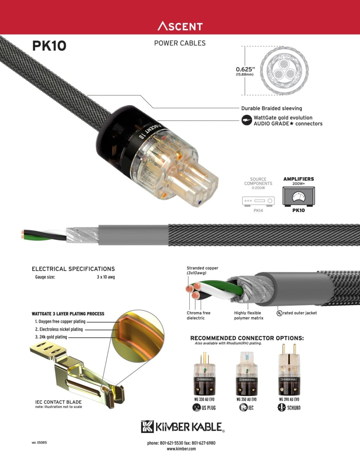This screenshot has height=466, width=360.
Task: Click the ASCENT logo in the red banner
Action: tap(180, 26)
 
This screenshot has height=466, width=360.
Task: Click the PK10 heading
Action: tap(49, 46)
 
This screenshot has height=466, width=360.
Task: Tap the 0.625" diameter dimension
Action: tap(244, 70)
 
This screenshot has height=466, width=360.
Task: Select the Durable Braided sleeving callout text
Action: tap(271, 108)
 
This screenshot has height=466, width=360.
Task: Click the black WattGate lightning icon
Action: tap(246, 120)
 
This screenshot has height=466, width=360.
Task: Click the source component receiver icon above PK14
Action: tap(258, 201)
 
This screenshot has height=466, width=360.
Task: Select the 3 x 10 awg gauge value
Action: tap(106, 277)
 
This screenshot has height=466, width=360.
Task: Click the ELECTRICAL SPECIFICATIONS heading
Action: tap(73, 269)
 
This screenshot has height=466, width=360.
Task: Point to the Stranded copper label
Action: tap(202, 268)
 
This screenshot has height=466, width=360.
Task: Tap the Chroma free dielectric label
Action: tap(198, 315)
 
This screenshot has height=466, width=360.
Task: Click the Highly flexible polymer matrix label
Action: tap(249, 315)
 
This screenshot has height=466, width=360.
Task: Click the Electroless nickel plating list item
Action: tap(59, 329)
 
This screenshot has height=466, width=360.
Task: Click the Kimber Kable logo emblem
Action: tap(148, 426)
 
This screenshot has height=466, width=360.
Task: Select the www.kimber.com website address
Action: tap(181, 449)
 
